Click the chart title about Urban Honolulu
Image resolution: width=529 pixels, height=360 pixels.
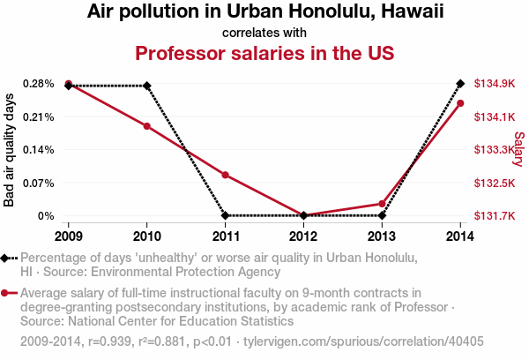[264, 12]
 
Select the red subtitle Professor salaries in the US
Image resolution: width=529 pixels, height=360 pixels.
[264, 53]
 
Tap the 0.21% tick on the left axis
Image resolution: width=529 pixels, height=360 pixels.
[40, 116]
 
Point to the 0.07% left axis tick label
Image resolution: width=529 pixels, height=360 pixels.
[40, 183]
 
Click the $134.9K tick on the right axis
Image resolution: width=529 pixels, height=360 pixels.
[495, 84]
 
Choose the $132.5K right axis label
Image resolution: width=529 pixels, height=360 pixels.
[495, 183]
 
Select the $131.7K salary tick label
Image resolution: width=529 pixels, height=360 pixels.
[495, 215]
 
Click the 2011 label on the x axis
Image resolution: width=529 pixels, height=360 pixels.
[226, 236]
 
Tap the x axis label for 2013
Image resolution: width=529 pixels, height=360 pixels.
[382, 236]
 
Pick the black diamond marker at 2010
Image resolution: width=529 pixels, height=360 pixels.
[147, 86]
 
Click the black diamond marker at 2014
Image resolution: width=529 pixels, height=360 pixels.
[460, 84]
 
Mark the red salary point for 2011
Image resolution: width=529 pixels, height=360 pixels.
[226, 175]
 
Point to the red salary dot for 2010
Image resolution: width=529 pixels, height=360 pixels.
[147, 126]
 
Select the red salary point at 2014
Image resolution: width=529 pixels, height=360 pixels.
[460, 103]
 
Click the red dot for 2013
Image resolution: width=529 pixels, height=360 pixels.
[382, 204]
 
